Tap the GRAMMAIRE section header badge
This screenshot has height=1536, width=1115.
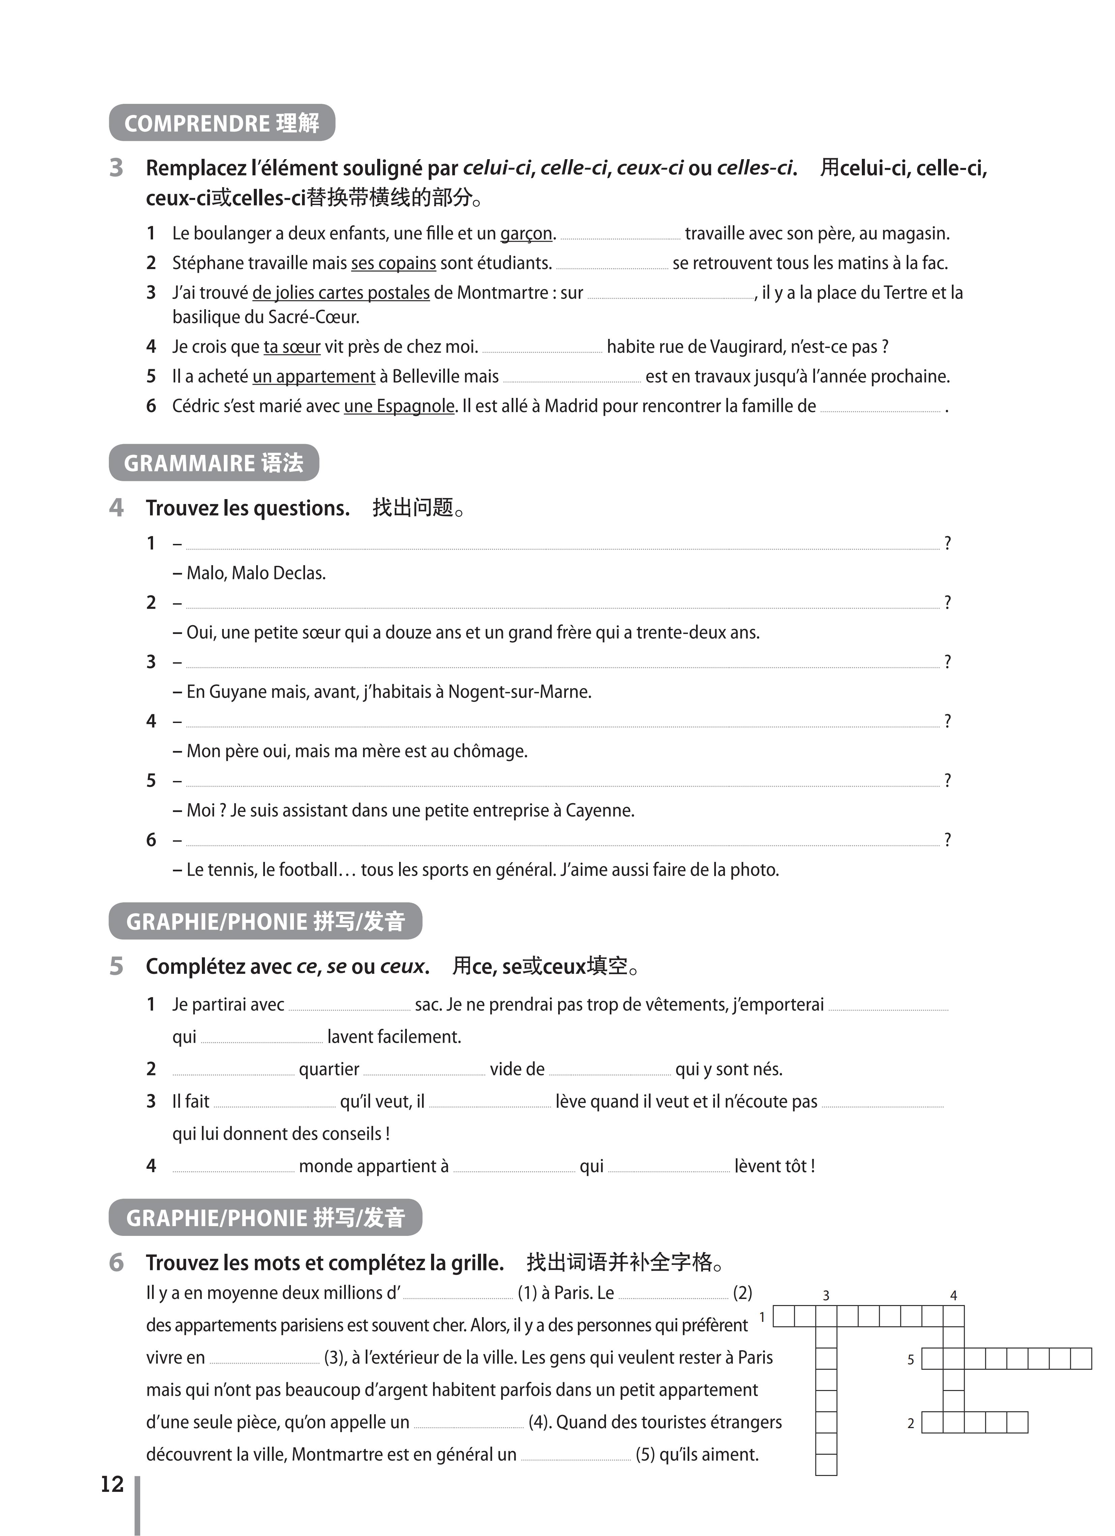(213, 463)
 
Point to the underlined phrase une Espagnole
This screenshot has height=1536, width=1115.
(399, 406)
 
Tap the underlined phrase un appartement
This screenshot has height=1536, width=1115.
(313, 377)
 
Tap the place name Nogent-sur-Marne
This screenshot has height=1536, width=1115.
(519, 692)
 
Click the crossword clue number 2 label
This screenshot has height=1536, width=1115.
(910, 1424)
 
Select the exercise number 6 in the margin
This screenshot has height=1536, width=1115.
(116, 1263)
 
